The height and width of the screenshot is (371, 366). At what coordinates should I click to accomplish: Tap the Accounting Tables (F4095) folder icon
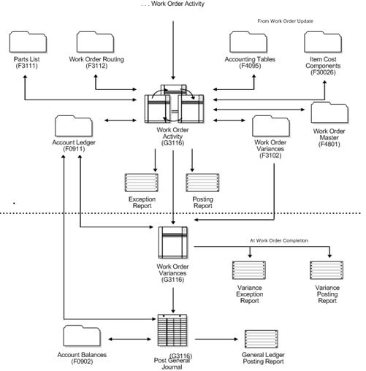251,42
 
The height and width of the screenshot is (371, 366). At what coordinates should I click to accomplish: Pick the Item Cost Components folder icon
324,42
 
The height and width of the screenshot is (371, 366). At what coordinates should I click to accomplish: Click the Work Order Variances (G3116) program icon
174,243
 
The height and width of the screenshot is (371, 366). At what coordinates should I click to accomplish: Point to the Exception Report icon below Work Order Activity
141,182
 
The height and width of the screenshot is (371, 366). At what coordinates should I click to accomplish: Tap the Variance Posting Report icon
327,271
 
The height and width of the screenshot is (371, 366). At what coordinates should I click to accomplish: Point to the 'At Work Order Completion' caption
278,240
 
